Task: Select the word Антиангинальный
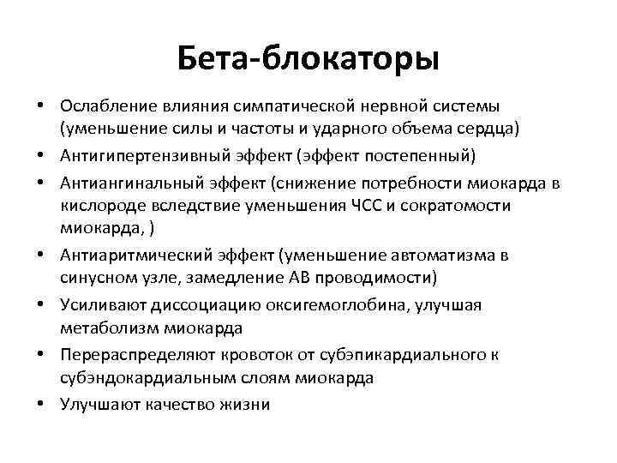(x=123, y=182)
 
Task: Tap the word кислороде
(x=99, y=206)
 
